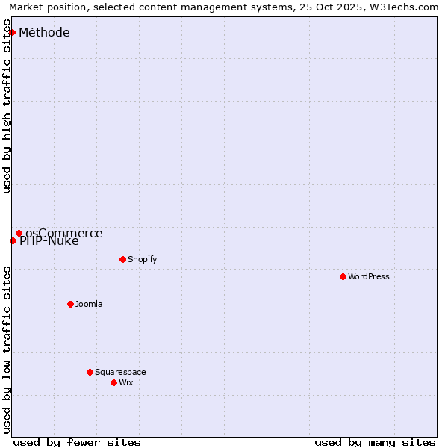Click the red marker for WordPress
pyautogui.click(x=343, y=276)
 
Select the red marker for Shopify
pyautogui.click(x=122, y=259)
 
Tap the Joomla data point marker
pyautogui.click(x=70, y=304)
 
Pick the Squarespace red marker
pyautogui.click(x=90, y=372)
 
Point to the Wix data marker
pyautogui.click(x=113, y=382)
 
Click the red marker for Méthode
pyautogui.click(x=12, y=32)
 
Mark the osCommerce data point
pyautogui.click(x=19, y=233)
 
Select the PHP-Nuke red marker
pyautogui.click(x=13, y=240)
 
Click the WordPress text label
pyautogui.click(x=369, y=276)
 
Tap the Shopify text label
pyautogui.click(x=142, y=259)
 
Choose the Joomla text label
pyautogui.click(x=89, y=304)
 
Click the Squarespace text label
pyautogui.click(x=120, y=372)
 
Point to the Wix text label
pyautogui.click(x=126, y=382)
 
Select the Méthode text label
pyautogui.click(x=44, y=32)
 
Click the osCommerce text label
pyautogui.click(x=64, y=233)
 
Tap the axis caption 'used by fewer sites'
pyautogui.click(x=77, y=442)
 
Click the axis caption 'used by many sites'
pyautogui.click(x=375, y=442)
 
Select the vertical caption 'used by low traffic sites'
pyautogui.click(x=7, y=349)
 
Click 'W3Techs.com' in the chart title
pyautogui.click(x=403, y=7)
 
